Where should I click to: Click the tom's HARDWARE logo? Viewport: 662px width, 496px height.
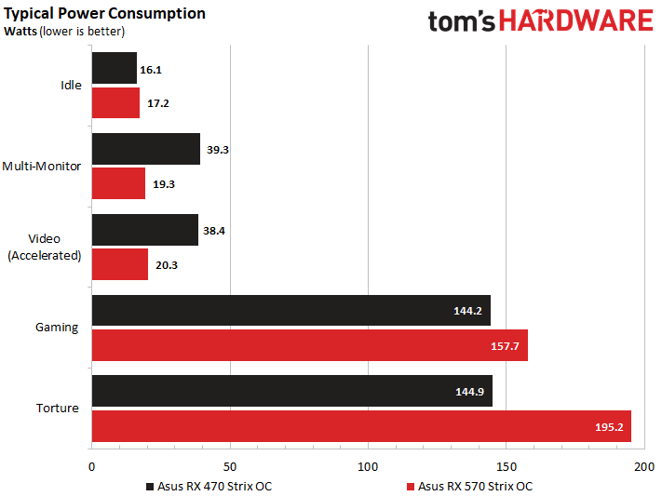point(541,21)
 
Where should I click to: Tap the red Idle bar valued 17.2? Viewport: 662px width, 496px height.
point(115,102)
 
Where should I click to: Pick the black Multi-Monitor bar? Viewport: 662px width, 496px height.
point(145,149)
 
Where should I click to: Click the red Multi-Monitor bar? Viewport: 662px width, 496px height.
point(118,183)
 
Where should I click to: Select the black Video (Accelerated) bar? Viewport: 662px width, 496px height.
point(144,230)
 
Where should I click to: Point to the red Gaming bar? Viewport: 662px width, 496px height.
point(309,345)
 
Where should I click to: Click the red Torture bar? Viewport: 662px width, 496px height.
point(361,426)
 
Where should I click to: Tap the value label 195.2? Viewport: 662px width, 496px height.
point(609,426)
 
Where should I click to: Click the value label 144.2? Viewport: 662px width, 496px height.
point(466,311)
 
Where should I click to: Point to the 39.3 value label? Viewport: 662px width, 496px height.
point(217,149)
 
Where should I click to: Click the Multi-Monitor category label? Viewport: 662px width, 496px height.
point(42,167)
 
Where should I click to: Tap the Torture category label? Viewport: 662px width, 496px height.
point(59,409)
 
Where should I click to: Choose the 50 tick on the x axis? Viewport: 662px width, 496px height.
point(230,465)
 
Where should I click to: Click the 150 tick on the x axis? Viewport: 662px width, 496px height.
point(506,465)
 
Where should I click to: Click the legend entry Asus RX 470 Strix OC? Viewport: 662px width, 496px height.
point(209,486)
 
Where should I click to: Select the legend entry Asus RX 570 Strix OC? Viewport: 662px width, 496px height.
point(469,486)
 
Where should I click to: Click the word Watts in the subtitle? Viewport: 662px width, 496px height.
point(21,31)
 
